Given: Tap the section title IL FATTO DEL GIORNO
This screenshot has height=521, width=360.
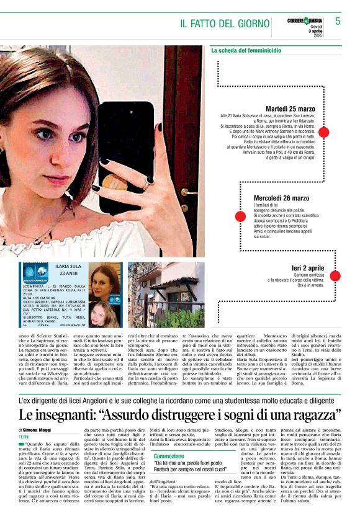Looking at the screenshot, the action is click(x=225, y=24).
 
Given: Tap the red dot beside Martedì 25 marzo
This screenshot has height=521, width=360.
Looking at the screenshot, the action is click(x=323, y=131).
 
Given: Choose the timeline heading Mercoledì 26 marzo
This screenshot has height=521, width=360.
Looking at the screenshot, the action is click(x=281, y=198).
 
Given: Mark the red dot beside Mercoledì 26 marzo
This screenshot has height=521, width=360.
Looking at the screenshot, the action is click(x=240, y=216).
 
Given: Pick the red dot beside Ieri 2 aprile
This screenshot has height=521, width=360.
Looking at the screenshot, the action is click(x=335, y=276).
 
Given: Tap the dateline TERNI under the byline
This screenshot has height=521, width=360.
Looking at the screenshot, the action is click(x=25, y=437).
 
